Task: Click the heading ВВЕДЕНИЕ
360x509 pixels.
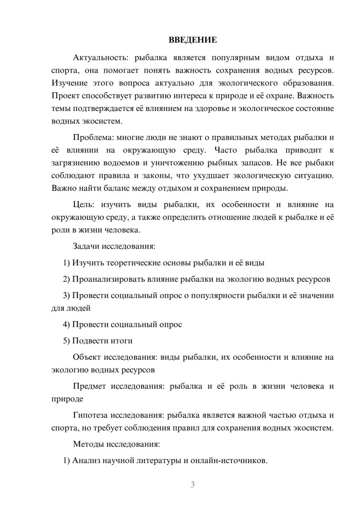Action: pos(193,40)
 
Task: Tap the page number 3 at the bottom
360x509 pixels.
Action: pos(193,485)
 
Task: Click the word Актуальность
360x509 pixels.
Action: pos(100,58)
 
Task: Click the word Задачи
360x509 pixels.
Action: pos(86,246)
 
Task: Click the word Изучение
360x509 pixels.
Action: pos(69,83)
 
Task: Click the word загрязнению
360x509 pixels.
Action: pos(75,163)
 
